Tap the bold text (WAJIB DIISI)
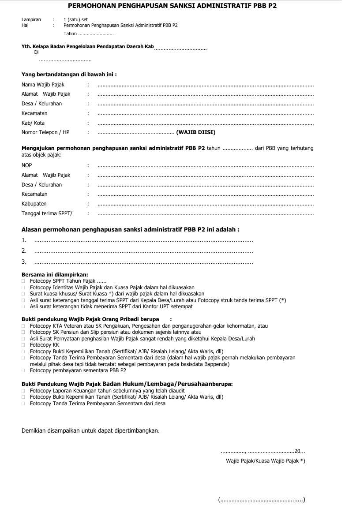pyautogui.click(x=196, y=132)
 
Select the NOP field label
pyautogui.click(x=27, y=165)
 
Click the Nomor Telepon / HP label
pyautogui.click(x=45, y=132)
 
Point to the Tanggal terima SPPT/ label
pyautogui.click(x=47, y=214)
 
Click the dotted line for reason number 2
pyautogui.click(x=143, y=251)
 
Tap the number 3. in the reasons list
pyautogui.click(x=24, y=262)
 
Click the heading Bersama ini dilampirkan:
pyautogui.click(x=55, y=274)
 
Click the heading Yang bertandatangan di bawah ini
pyautogui.click(x=69, y=75)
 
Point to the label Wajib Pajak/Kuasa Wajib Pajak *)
pyautogui.click(x=265, y=461)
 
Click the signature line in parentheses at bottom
pyautogui.click(x=262, y=500)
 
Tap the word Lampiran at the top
pyautogui.click(x=31, y=20)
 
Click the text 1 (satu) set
pyautogui.click(x=75, y=20)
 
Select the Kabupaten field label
pyautogui.click(x=34, y=204)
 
